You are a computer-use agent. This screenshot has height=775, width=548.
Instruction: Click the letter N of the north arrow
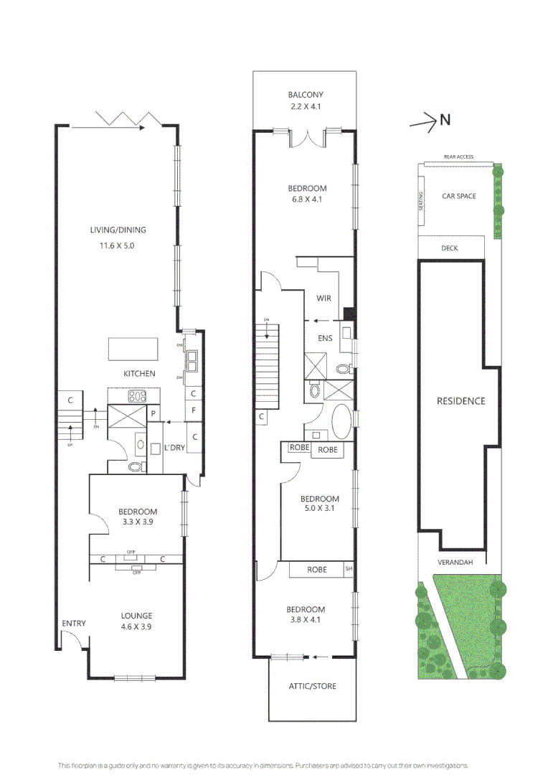click(x=445, y=120)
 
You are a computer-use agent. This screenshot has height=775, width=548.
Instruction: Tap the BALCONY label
click(x=306, y=95)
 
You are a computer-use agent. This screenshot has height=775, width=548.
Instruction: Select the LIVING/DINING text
click(x=118, y=230)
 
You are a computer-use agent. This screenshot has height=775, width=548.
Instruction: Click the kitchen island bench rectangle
click(x=133, y=349)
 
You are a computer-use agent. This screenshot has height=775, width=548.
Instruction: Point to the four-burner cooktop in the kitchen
click(x=138, y=395)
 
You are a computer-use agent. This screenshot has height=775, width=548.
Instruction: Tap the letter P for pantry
click(x=153, y=413)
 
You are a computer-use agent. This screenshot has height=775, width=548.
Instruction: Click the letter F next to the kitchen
click(x=194, y=410)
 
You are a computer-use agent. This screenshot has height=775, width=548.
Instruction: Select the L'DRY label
click(x=175, y=448)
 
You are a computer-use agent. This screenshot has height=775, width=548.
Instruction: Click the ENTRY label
click(x=73, y=624)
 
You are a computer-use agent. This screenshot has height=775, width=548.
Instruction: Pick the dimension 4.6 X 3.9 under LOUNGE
click(x=136, y=626)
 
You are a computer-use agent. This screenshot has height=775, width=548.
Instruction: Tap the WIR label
click(x=323, y=298)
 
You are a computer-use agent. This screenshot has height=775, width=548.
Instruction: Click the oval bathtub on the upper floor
click(x=342, y=421)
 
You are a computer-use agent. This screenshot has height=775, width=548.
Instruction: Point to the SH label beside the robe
click(x=349, y=569)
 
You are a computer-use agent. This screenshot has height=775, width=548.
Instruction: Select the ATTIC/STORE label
click(x=312, y=686)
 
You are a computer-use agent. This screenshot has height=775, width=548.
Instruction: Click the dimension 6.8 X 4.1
click(x=306, y=199)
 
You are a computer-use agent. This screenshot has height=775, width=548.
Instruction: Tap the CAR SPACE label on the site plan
click(x=459, y=196)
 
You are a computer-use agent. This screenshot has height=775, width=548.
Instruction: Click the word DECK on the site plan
click(x=450, y=248)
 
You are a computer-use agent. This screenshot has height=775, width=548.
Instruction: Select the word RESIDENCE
click(x=461, y=401)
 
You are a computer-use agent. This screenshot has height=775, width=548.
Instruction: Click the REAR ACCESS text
click(x=458, y=157)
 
